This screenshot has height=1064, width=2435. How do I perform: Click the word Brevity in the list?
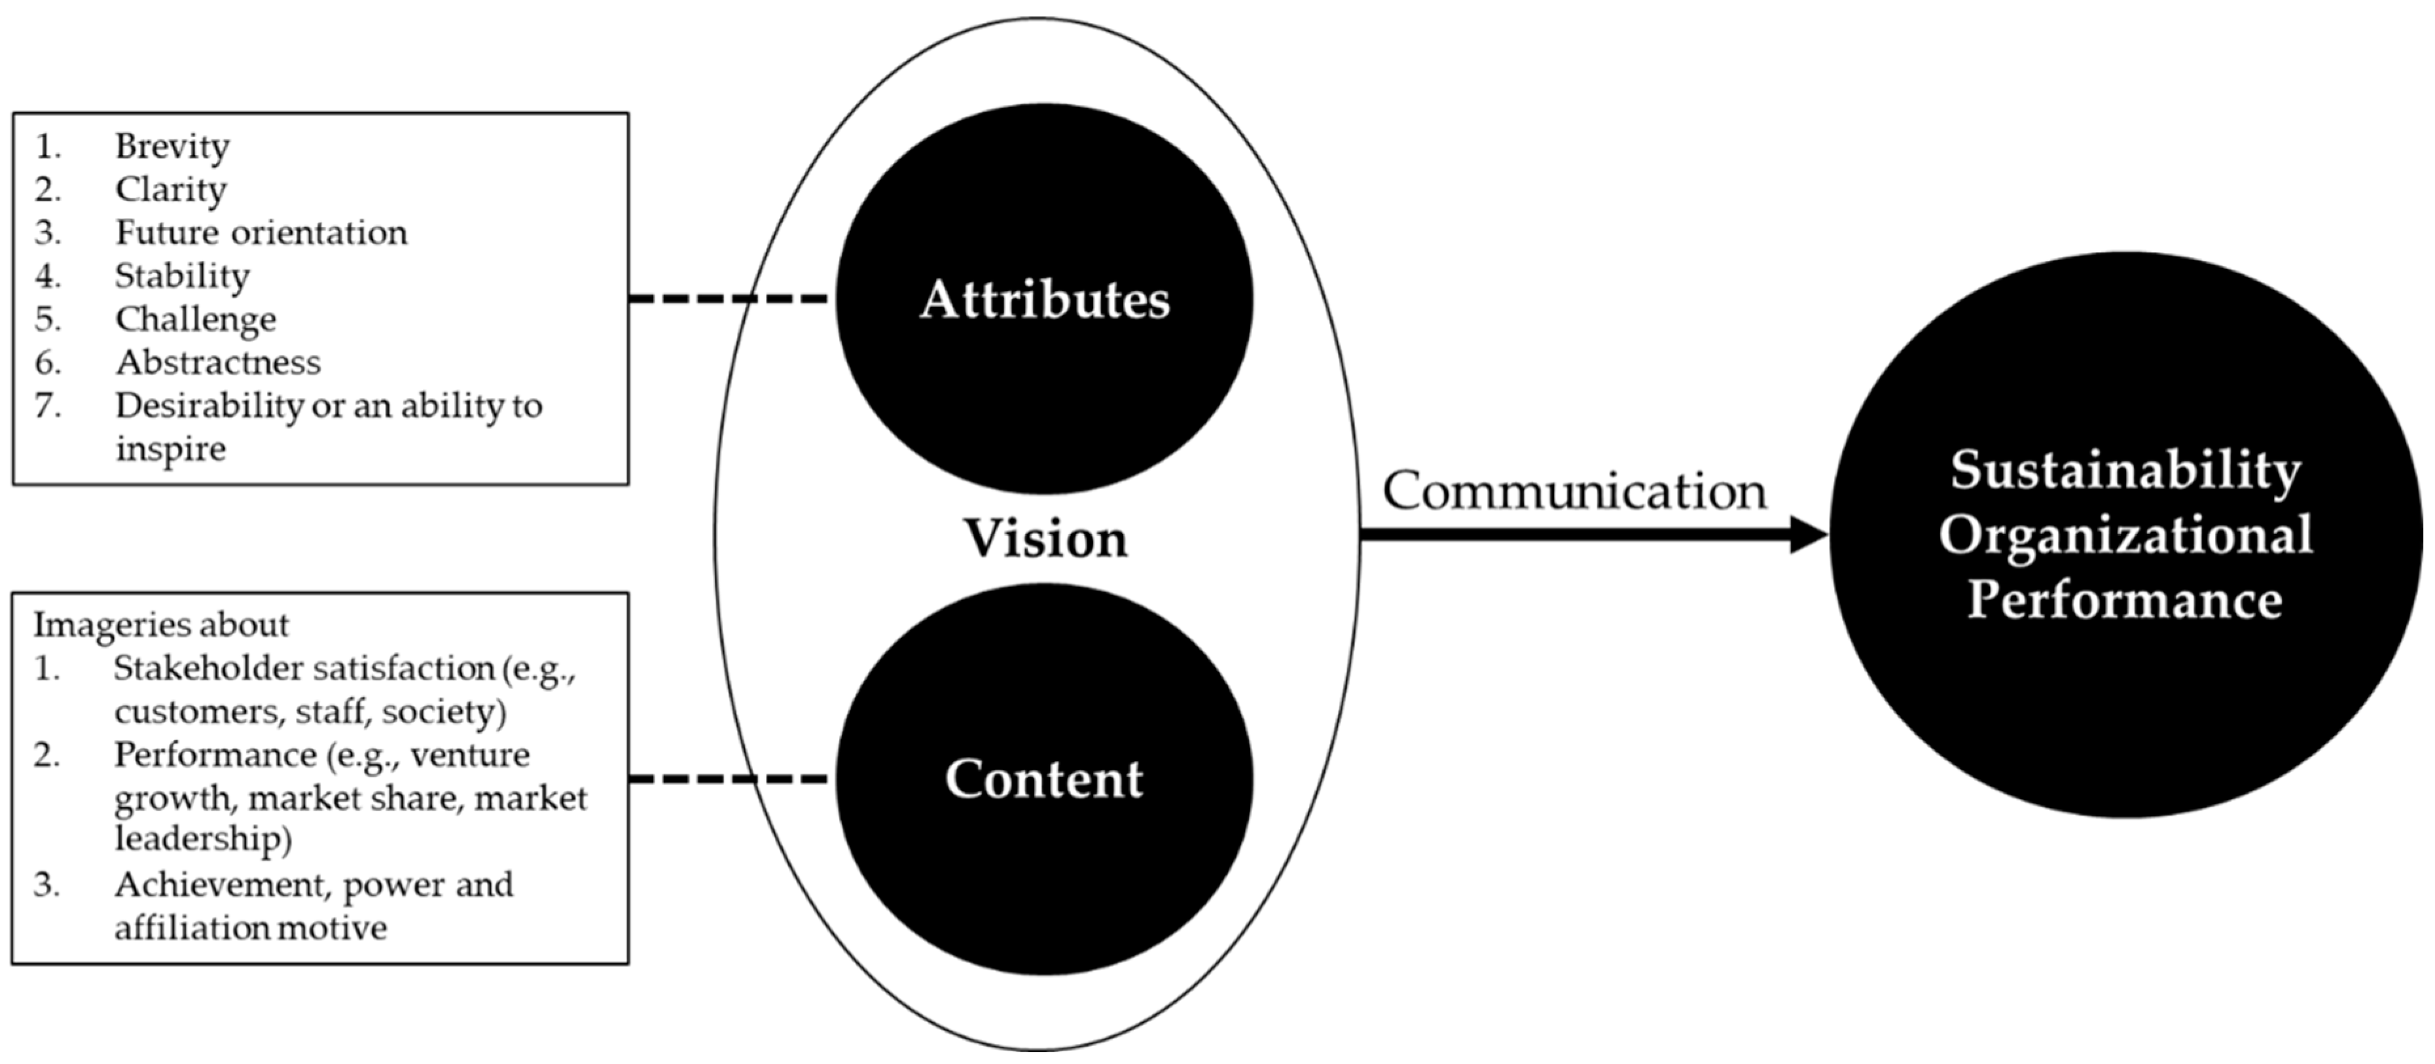coord(172,147)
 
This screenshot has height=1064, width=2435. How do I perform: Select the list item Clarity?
coord(170,190)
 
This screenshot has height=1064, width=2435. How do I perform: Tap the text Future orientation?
coord(261,232)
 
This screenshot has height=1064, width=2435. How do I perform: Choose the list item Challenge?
coord(196,319)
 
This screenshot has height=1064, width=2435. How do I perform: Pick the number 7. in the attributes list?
coord(47,405)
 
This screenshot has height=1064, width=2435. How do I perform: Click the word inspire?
coord(170,449)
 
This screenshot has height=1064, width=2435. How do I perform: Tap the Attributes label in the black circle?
coord(1045,300)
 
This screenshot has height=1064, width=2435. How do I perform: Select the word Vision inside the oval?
coord(1045,539)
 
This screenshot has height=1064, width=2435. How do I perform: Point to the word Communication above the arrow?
coord(1574,491)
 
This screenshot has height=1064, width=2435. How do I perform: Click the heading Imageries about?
coord(160,625)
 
